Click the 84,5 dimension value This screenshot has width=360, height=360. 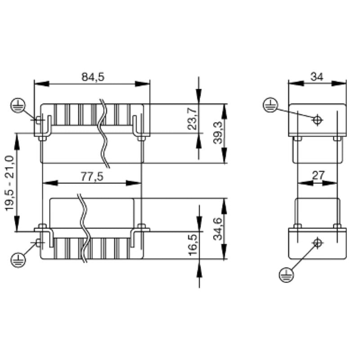tap(93, 77)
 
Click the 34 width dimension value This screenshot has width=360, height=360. tap(317, 77)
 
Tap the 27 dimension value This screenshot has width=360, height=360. tap(318, 176)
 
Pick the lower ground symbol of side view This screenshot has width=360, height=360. tap(285, 274)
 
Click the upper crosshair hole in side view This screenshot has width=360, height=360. tap(318, 120)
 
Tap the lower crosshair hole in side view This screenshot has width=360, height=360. tap(318, 243)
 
